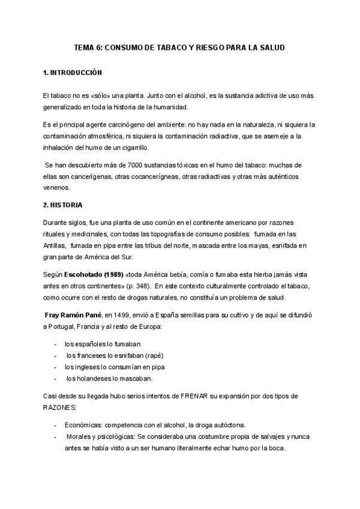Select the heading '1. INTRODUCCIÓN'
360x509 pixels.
(73, 72)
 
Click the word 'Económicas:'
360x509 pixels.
(83, 425)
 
